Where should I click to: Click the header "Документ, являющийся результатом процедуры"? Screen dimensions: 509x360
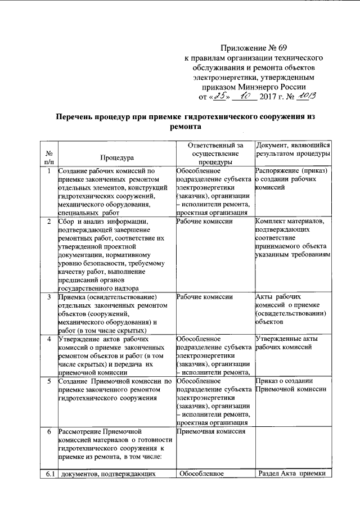tap(292, 149)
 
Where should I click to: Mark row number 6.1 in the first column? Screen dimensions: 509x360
tap(49, 474)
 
